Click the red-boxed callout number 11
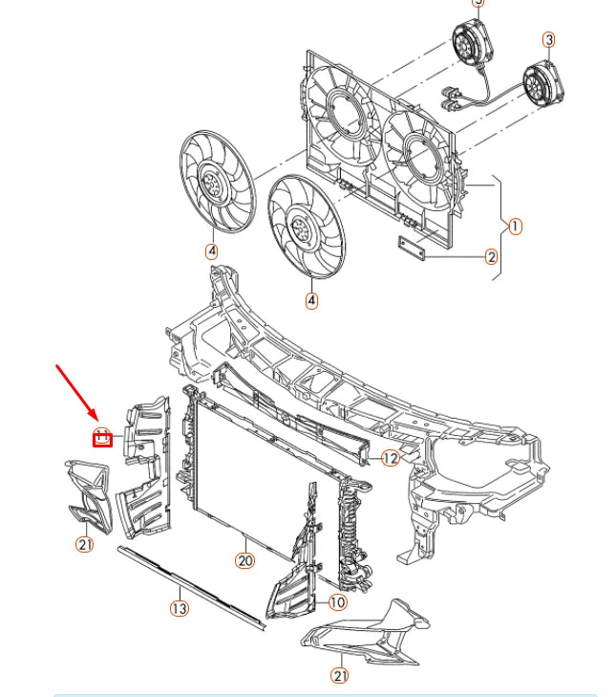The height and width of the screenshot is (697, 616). point(102,437)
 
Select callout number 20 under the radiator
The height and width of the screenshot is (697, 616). point(245,560)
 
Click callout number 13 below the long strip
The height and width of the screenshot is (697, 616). point(180,607)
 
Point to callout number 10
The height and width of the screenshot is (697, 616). point(338,602)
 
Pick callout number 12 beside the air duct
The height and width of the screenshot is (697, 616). point(390,458)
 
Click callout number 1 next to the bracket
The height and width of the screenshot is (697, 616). point(515,227)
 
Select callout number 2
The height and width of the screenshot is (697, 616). point(491,256)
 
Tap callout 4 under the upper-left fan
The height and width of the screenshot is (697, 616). point(211,251)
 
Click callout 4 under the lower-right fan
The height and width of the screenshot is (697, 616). point(311,300)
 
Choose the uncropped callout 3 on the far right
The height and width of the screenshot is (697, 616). point(549,39)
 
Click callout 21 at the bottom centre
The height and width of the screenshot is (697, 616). point(340,675)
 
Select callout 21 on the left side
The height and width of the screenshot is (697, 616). point(85,544)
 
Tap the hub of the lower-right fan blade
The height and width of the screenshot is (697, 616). point(303,228)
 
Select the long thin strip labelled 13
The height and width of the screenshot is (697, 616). point(191,587)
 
